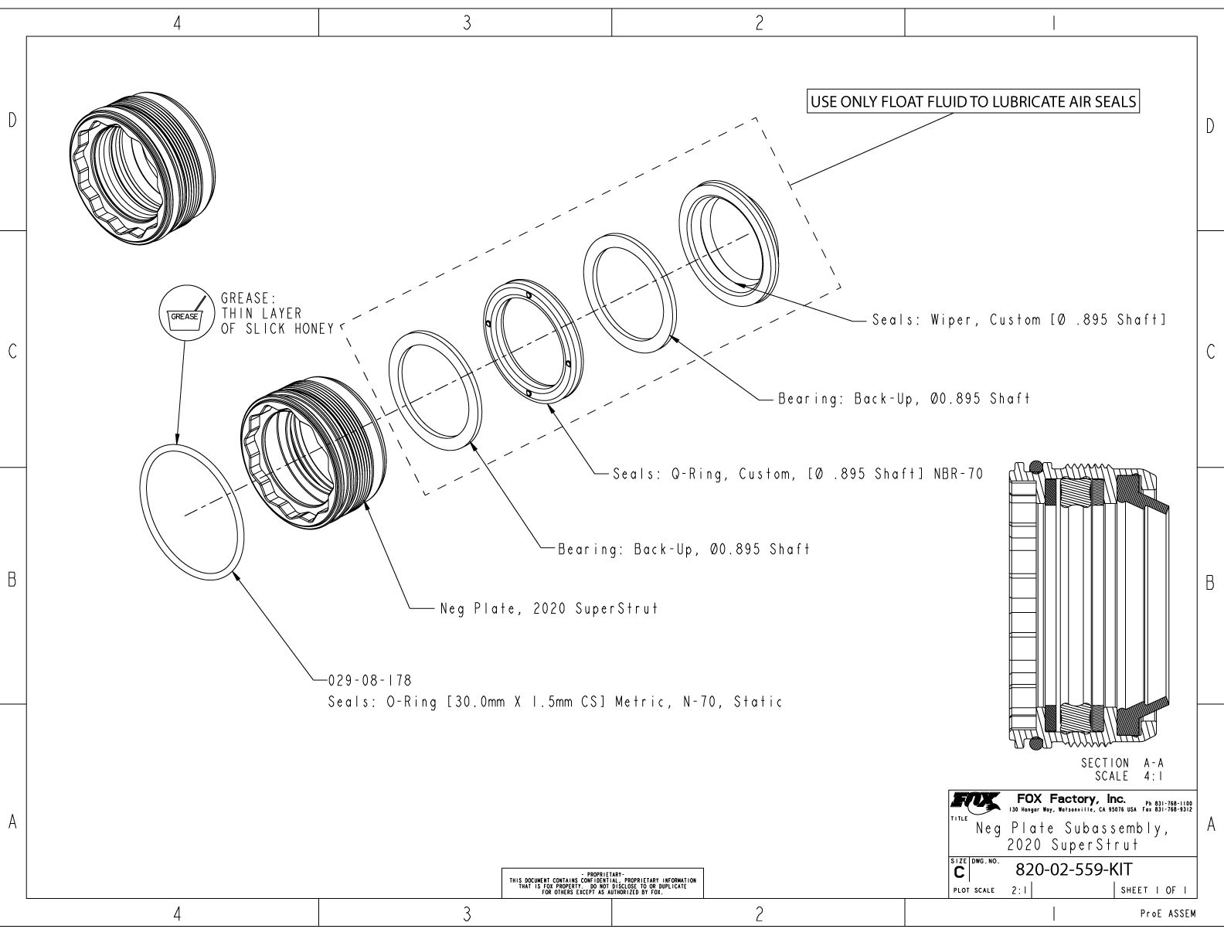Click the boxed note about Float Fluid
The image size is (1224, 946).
(x=974, y=102)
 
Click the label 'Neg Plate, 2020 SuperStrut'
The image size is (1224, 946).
(x=549, y=608)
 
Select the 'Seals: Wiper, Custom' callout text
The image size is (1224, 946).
(x=1018, y=320)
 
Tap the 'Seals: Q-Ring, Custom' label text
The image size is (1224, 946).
(x=797, y=474)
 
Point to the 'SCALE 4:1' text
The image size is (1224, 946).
(x=1129, y=776)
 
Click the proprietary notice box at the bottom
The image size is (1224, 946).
(x=603, y=883)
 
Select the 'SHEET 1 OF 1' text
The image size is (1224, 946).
(x=1153, y=890)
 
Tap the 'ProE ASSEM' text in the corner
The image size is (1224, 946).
(x=1168, y=914)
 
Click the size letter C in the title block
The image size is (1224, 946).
(x=960, y=872)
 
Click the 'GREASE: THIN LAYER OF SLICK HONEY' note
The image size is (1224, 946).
(x=276, y=313)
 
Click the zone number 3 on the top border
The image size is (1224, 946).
(x=466, y=23)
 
